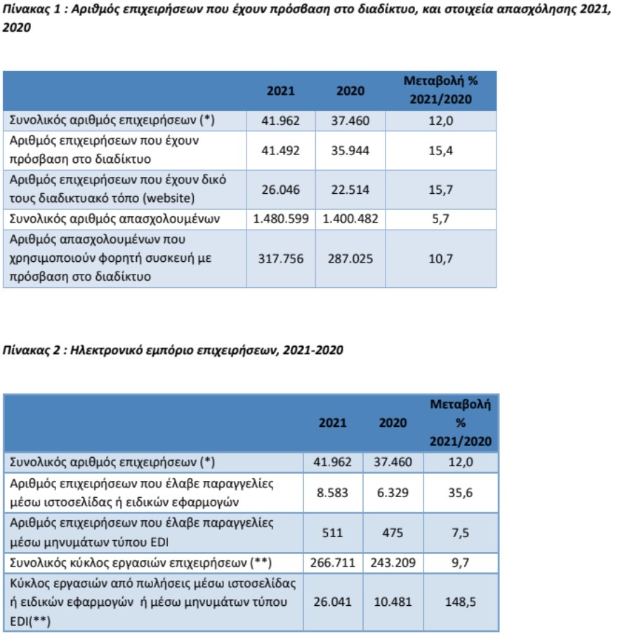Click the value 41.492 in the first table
tap(280, 150)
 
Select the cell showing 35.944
tap(350, 150)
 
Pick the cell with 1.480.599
tap(280, 219)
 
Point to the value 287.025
tap(350, 258)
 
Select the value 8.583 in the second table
tap(333, 493)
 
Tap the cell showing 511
tap(333, 533)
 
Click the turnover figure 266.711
tap(333, 562)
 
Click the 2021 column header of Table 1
tap(280, 91)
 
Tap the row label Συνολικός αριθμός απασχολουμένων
tap(115, 219)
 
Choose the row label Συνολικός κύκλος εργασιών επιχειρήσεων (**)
tap(140, 562)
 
